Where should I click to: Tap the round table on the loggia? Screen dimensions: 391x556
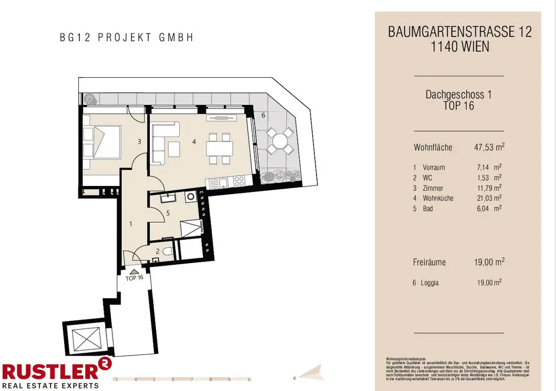pyautogui.click(x=280, y=141)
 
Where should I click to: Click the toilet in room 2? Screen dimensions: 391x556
pyautogui.click(x=167, y=251)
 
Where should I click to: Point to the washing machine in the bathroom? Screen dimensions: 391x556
pyautogui.click(x=191, y=197)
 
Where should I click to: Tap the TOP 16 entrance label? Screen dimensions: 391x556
pyautogui.click(x=134, y=277)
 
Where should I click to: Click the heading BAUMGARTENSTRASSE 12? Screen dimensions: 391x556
pyautogui.click(x=459, y=32)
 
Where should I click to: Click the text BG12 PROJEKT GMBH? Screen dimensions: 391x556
pyautogui.click(x=127, y=38)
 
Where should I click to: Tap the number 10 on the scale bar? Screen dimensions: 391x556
pyautogui.click(x=248, y=380)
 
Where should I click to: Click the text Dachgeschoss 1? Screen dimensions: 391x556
pyautogui.click(x=459, y=95)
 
